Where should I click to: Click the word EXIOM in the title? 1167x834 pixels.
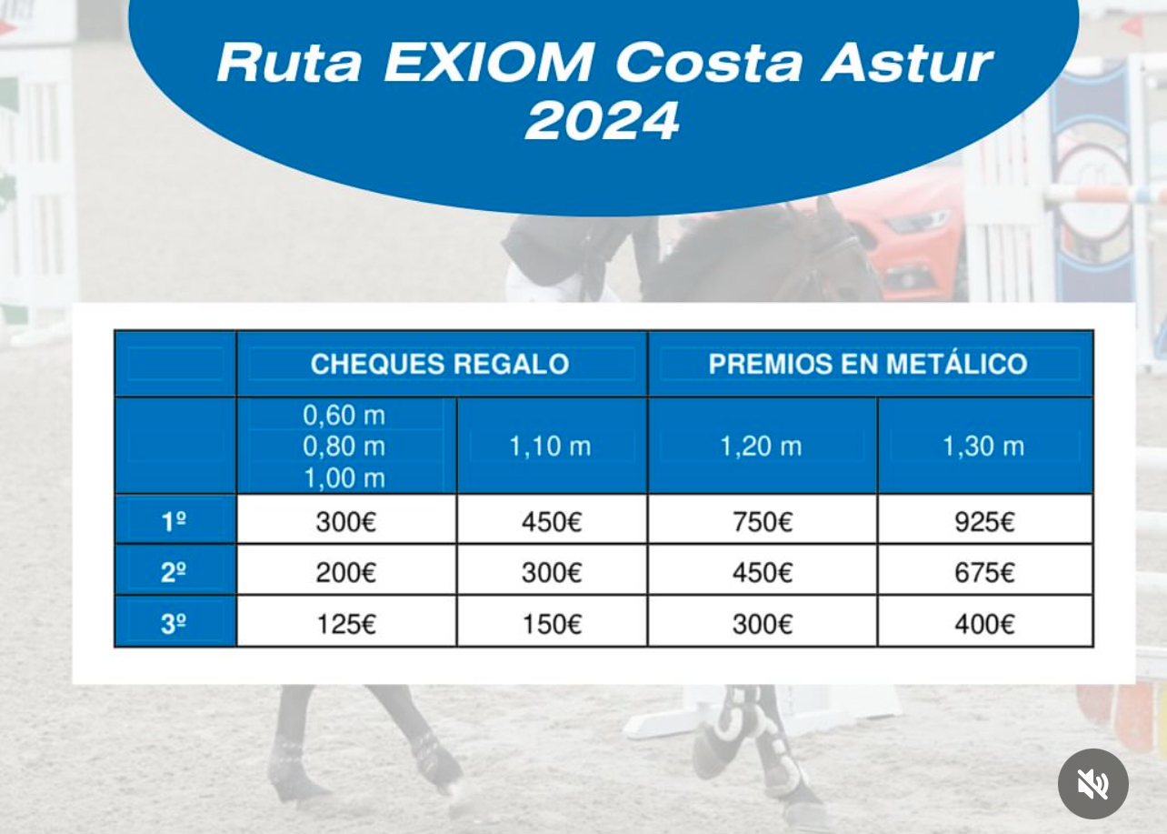(488, 63)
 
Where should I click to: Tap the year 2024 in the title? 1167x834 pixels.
(603, 122)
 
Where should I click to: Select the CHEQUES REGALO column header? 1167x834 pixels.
(440, 364)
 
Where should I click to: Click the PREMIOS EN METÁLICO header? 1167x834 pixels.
(867, 363)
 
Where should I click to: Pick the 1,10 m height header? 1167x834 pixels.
(550, 447)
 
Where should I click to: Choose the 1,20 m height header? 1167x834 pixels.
(761, 447)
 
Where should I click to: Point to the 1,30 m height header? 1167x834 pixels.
(983, 447)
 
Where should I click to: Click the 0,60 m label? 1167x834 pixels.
(344, 416)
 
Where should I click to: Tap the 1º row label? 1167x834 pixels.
(174, 521)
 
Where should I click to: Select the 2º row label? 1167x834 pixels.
(174, 572)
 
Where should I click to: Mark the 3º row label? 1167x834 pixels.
(174, 623)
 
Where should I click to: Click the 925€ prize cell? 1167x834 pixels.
(984, 522)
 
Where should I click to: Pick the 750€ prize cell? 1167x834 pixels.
(763, 522)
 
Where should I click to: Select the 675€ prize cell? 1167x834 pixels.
(984, 573)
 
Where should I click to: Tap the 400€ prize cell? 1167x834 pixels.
(984, 624)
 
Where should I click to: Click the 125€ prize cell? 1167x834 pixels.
(346, 624)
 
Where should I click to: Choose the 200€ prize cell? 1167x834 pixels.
(346, 573)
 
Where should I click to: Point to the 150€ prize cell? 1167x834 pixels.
(553, 624)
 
